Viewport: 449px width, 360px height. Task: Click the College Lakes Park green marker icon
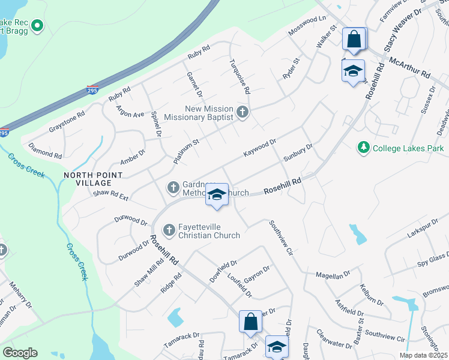click(x=363, y=148)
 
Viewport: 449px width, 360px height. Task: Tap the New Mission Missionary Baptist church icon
click(x=243, y=112)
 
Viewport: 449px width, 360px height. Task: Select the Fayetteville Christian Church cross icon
click(x=169, y=229)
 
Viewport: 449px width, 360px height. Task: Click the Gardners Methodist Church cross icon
click(x=173, y=188)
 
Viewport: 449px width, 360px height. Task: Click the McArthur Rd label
click(x=410, y=68)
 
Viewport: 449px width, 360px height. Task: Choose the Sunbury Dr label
click(x=298, y=153)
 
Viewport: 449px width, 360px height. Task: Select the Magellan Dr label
click(x=334, y=275)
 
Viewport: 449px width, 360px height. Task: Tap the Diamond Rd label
click(x=44, y=150)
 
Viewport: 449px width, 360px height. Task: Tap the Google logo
click(x=20, y=353)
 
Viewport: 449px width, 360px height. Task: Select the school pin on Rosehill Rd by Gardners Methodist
click(x=217, y=195)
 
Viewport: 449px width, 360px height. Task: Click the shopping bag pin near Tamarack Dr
click(x=250, y=322)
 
